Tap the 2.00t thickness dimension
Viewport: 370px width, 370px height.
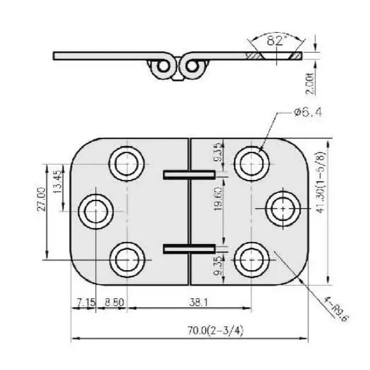click(310, 84)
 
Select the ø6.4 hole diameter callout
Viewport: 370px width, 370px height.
click(308, 113)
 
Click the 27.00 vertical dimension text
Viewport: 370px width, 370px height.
click(41, 199)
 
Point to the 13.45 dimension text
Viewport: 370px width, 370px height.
click(57, 181)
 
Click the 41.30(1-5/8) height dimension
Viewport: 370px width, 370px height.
click(321, 182)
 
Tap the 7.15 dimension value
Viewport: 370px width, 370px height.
click(86, 302)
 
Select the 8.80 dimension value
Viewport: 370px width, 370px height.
click(114, 302)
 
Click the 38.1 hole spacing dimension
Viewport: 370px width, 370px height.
click(198, 302)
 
